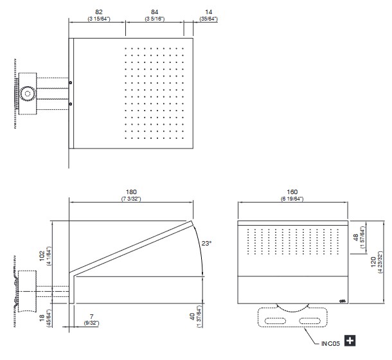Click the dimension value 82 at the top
[x=98, y=12]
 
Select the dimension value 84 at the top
[x=154, y=12]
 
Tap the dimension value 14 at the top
[x=208, y=12]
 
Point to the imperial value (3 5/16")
[x=154, y=19]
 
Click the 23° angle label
[x=206, y=244]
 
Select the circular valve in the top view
[x=26, y=94]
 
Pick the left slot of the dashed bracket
[x=277, y=320]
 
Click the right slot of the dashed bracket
[x=309, y=320]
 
